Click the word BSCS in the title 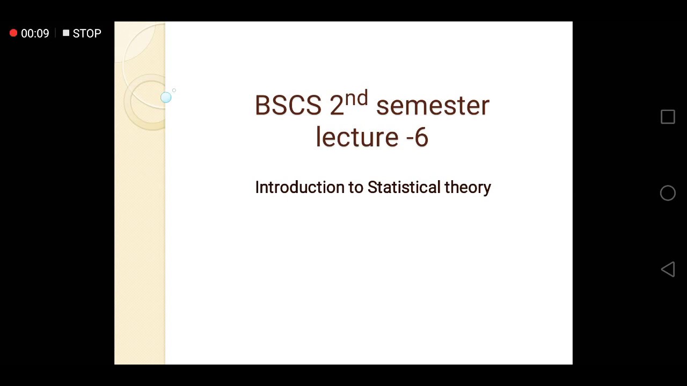[288, 106]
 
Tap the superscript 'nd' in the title [356, 99]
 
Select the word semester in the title [433, 106]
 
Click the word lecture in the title [356, 137]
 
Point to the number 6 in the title [421, 138]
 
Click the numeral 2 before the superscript [337, 106]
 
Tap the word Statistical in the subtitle [404, 187]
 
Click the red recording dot [13, 33]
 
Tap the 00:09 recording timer [35, 33]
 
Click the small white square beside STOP [66, 33]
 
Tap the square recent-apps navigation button [668, 117]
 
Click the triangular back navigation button [667, 269]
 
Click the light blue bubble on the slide [166, 97]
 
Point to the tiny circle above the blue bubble [174, 91]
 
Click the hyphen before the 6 [409, 138]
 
